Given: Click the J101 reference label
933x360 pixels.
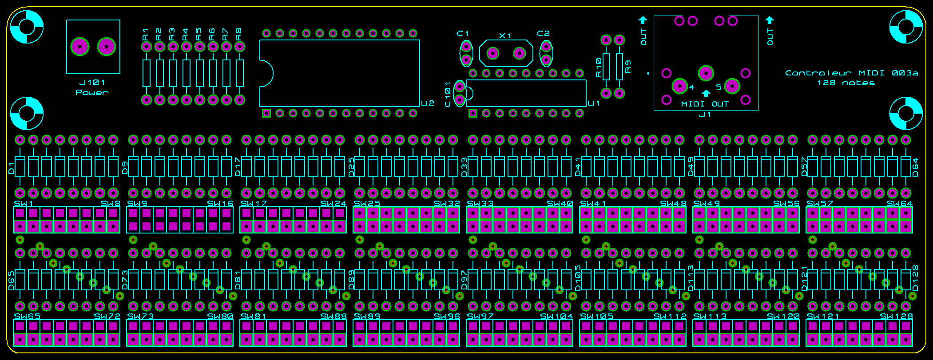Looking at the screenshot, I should tap(92, 83).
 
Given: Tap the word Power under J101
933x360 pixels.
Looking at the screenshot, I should tap(92, 92).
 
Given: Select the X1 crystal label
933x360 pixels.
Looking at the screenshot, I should tap(505, 36).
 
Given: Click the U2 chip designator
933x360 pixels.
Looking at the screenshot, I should tap(428, 103).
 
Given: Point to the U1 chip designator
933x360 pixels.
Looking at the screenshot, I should tap(594, 103).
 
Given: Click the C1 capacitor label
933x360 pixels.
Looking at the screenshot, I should tap(463, 33).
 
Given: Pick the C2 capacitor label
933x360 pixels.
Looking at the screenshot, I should tap(543, 33).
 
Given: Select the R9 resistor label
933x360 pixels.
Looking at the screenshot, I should tap(627, 67).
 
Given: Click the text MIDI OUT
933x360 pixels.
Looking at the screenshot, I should tap(705, 104).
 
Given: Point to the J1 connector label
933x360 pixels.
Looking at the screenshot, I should tap(705, 115).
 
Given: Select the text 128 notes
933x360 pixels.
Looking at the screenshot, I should tap(846, 83).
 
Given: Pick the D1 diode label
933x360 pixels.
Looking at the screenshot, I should tap(12, 168).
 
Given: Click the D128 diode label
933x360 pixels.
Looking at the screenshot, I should tap(915, 278).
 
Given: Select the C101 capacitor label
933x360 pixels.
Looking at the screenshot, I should tap(448, 94).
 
